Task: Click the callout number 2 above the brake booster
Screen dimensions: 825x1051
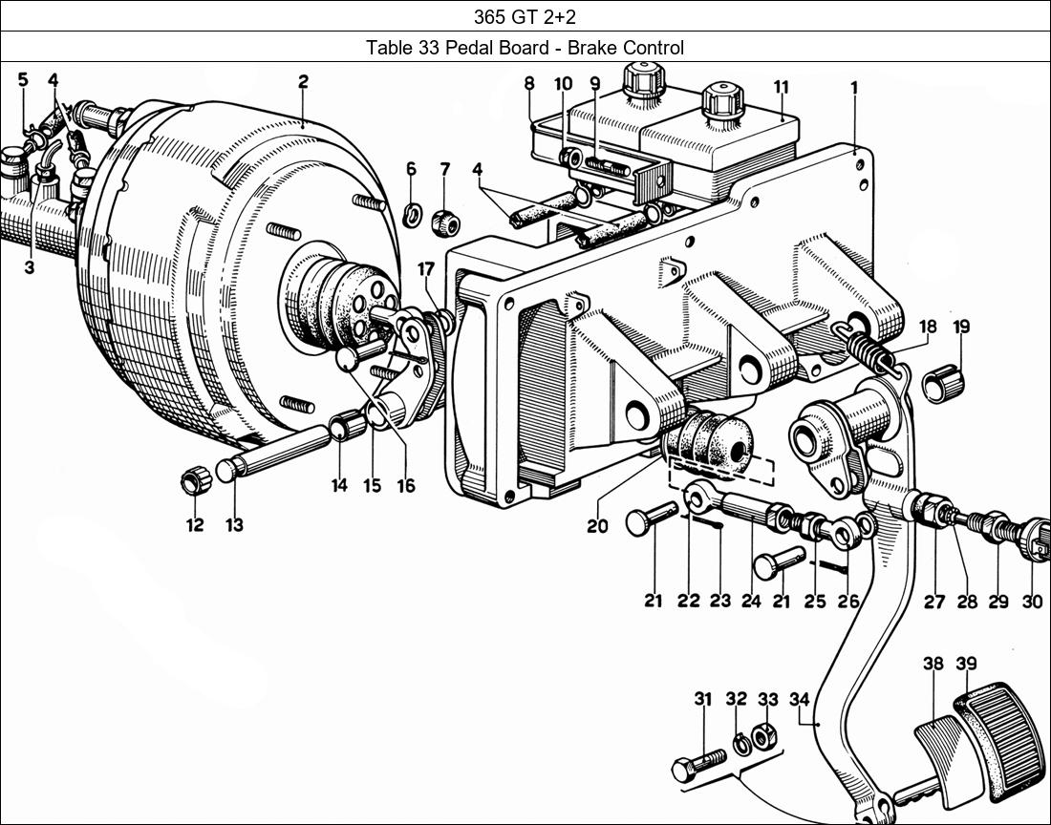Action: coord(303,82)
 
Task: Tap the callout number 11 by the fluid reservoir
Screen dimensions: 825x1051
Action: coord(781,88)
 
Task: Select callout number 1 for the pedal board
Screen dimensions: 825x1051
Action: coord(854,88)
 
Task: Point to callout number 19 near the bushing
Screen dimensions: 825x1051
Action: coord(961,327)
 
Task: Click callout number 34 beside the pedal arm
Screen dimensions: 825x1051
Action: coord(800,700)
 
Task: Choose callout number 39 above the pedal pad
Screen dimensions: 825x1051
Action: coord(966,665)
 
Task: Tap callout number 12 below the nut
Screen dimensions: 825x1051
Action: coord(195,525)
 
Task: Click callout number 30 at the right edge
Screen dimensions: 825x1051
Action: coord(1032,602)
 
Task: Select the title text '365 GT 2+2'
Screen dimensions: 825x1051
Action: coord(525,16)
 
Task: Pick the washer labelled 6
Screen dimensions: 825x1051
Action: coord(412,214)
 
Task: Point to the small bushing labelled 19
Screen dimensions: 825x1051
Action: coord(946,384)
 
